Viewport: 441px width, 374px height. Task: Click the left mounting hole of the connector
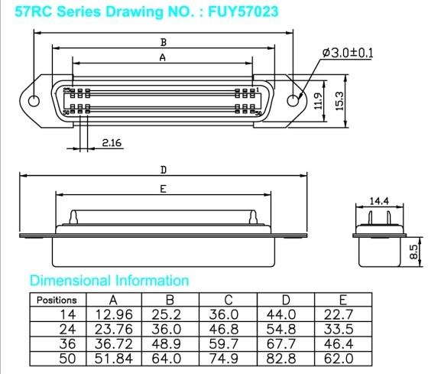[34, 101]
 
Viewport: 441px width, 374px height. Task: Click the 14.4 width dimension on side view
[380, 201]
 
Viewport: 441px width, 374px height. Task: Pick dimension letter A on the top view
[162, 57]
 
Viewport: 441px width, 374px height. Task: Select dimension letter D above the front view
[164, 170]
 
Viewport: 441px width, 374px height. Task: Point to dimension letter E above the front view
[164, 188]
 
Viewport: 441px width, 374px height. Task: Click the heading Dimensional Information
[109, 280]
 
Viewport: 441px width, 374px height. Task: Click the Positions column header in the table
[57, 301]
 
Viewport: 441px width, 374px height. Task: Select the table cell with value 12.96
[114, 314]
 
